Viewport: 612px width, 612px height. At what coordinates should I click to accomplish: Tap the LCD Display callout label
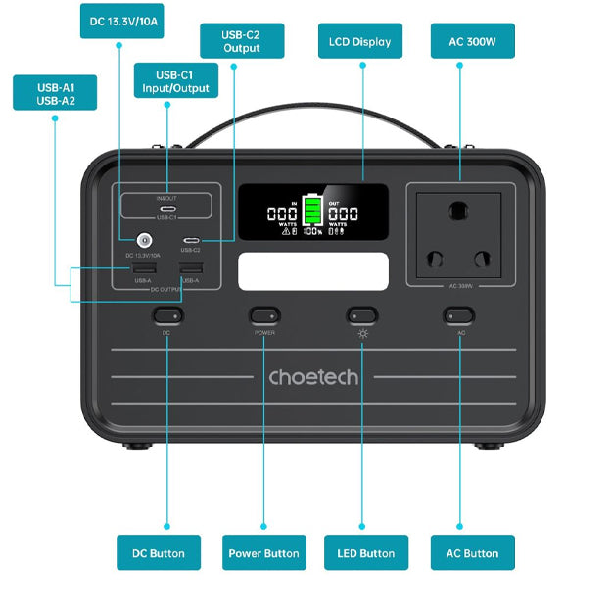[x=361, y=41]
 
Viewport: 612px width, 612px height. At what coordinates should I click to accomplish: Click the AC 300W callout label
[x=473, y=41]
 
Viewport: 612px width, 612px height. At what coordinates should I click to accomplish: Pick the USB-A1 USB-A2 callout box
[x=55, y=93]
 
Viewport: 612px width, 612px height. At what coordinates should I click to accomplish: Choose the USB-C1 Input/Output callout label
[x=173, y=80]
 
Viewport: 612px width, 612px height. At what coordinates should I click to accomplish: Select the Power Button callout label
[x=264, y=553]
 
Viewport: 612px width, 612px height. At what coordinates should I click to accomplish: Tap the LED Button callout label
[x=364, y=553]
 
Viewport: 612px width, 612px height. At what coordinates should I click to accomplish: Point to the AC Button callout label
[x=473, y=553]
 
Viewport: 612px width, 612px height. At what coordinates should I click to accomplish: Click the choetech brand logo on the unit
[x=313, y=377]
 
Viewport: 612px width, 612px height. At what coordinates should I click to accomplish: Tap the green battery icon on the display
[x=313, y=210]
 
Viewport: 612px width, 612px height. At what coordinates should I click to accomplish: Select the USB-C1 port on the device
[x=165, y=209]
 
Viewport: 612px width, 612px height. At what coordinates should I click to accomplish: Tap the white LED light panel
[x=313, y=270]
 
